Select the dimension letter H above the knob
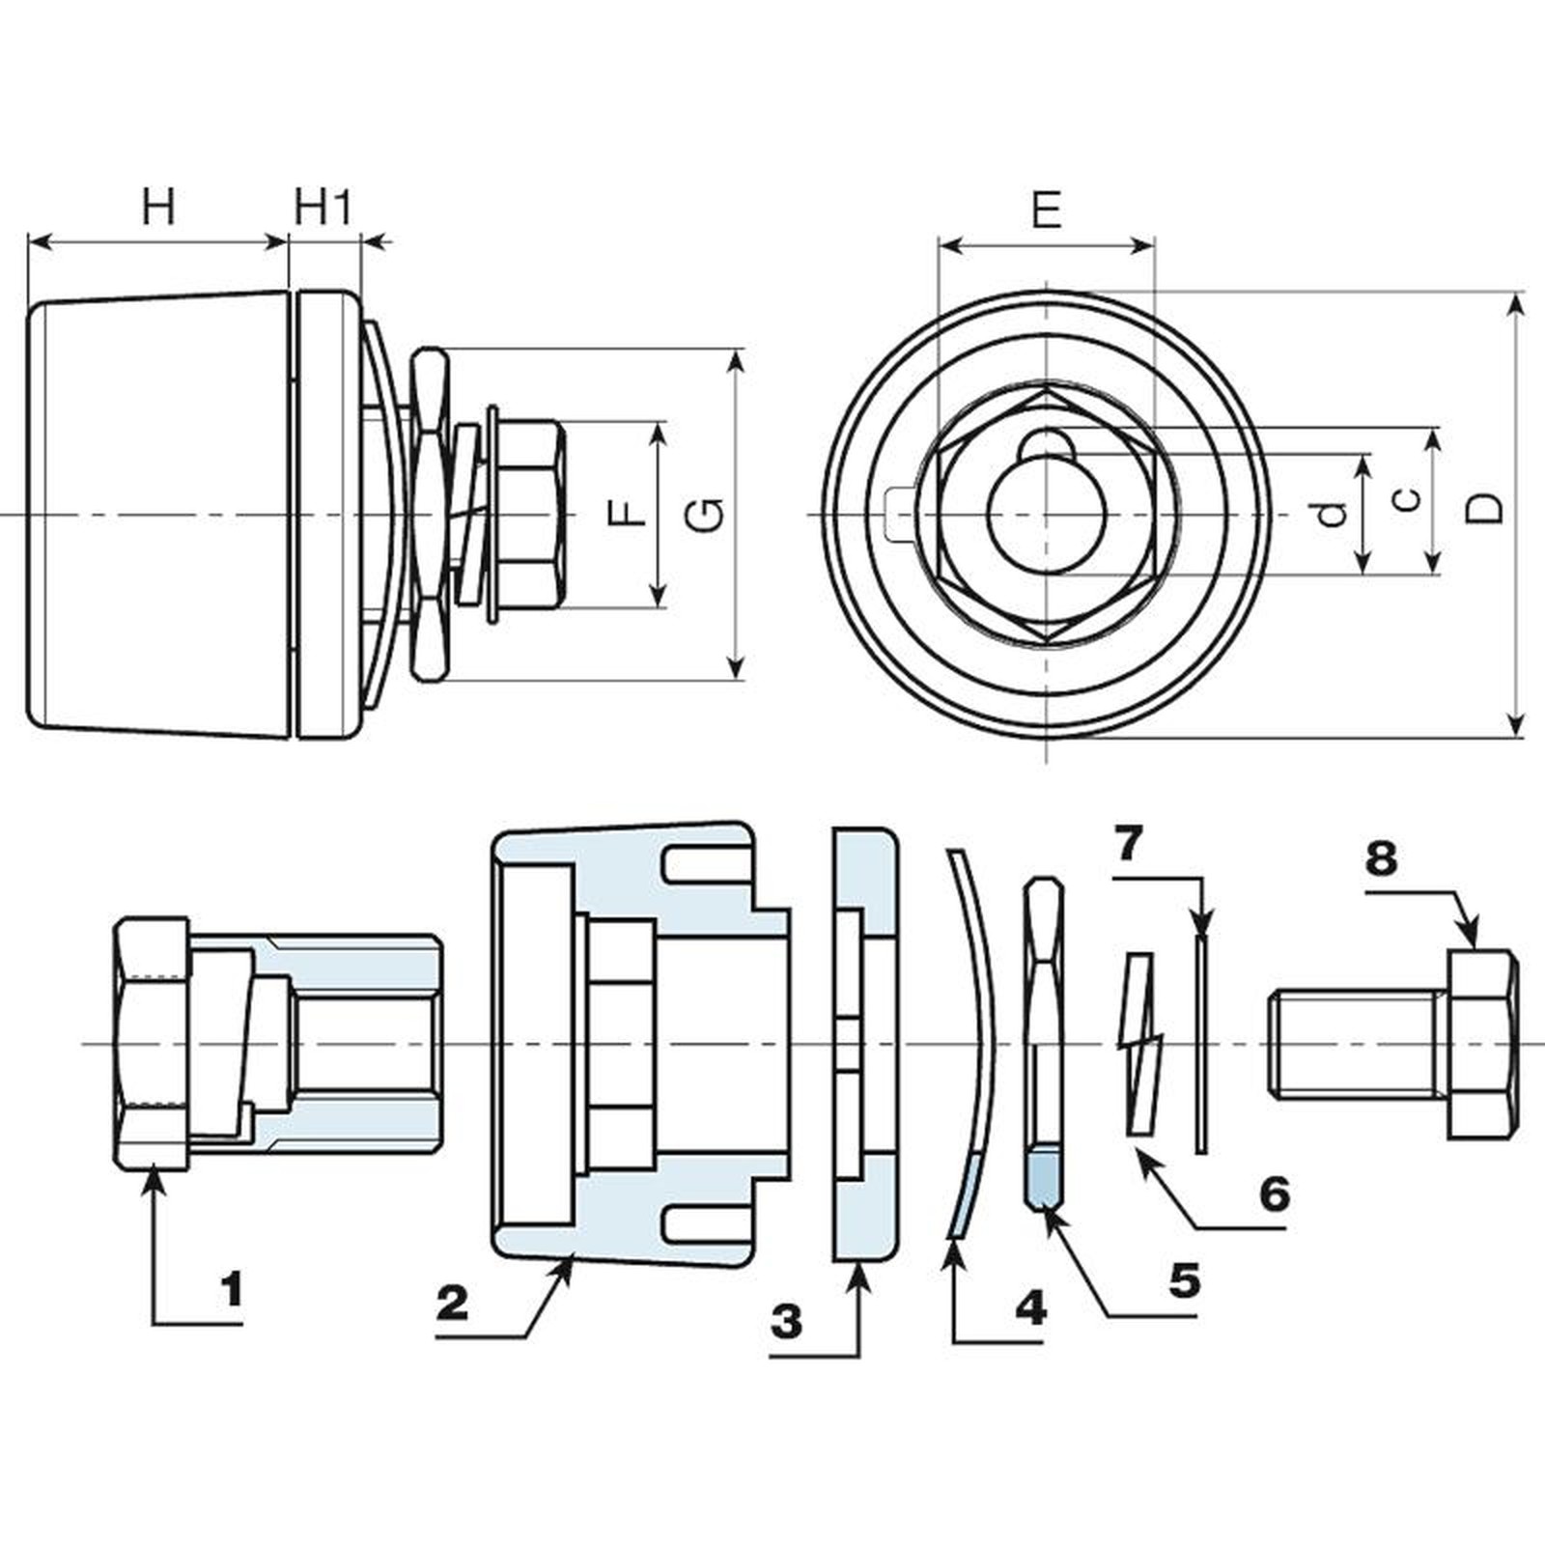click(159, 208)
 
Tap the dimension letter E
click(1047, 211)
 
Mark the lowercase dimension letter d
click(1334, 514)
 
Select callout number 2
click(452, 1304)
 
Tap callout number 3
click(787, 1321)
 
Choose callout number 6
click(1275, 1194)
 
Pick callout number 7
click(1127, 845)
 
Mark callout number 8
click(1381, 857)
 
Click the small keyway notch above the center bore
click(1045, 444)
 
